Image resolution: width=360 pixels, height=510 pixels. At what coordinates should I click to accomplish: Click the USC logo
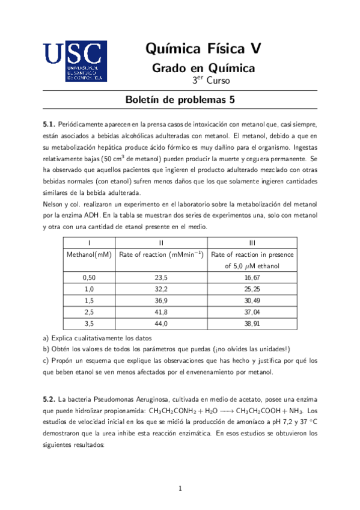click(x=75, y=61)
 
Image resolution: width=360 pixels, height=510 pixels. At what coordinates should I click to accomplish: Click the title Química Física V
click(x=203, y=49)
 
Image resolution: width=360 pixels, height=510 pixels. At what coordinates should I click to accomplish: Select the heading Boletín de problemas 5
click(x=180, y=100)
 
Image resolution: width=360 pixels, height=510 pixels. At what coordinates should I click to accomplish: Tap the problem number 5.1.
click(x=49, y=123)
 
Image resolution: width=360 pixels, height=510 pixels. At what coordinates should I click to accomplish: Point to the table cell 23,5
click(x=160, y=278)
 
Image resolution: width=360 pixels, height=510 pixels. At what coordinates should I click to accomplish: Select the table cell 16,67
click(x=251, y=278)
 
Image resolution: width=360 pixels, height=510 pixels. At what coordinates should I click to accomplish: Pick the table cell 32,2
click(x=160, y=289)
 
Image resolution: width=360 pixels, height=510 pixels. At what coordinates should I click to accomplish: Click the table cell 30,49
click(x=251, y=301)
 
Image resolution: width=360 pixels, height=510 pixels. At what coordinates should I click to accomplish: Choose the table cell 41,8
click(x=160, y=312)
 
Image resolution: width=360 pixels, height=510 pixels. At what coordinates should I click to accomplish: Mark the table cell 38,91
click(x=251, y=324)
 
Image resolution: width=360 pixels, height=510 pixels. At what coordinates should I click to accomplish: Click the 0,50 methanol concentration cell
click(x=89, y=278)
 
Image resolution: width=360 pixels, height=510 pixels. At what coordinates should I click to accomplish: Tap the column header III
click(x=252, y=242)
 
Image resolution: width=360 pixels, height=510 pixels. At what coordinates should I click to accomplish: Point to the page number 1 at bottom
click(x=180, y=488)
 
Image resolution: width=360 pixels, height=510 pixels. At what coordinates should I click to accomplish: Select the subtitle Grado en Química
click(x=203, y=68)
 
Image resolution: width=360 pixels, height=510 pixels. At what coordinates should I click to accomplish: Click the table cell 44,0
click(x=160, y=324)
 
